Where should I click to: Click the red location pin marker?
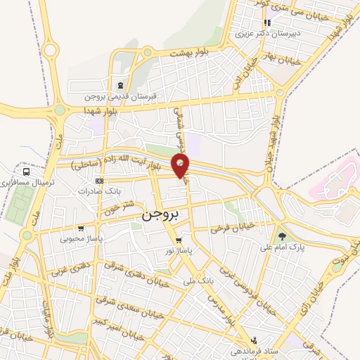coord(181,166)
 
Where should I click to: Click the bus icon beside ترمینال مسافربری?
coord(27,171)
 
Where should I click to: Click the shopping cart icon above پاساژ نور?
coord(179,240)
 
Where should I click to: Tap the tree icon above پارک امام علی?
coord(283,236)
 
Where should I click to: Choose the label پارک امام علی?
coord(281,247)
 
